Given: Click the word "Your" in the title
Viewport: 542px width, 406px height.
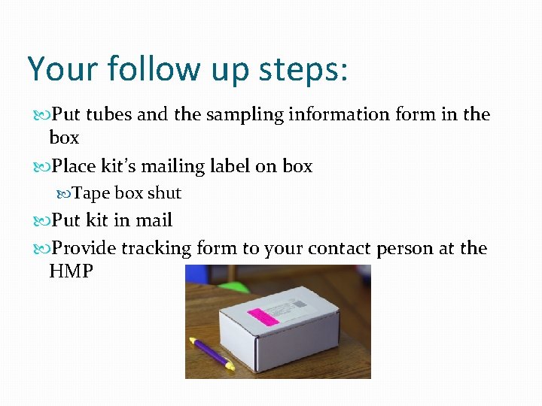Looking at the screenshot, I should [63, 68].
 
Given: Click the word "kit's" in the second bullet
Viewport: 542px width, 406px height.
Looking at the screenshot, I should [126, 166].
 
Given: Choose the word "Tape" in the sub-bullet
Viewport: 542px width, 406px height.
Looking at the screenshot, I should [91, 193].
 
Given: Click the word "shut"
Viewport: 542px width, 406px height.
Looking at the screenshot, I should [164, 193].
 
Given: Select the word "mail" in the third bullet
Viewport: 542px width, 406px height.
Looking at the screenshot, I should [154, 220].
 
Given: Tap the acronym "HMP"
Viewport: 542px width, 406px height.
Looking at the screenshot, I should [71, 271].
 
